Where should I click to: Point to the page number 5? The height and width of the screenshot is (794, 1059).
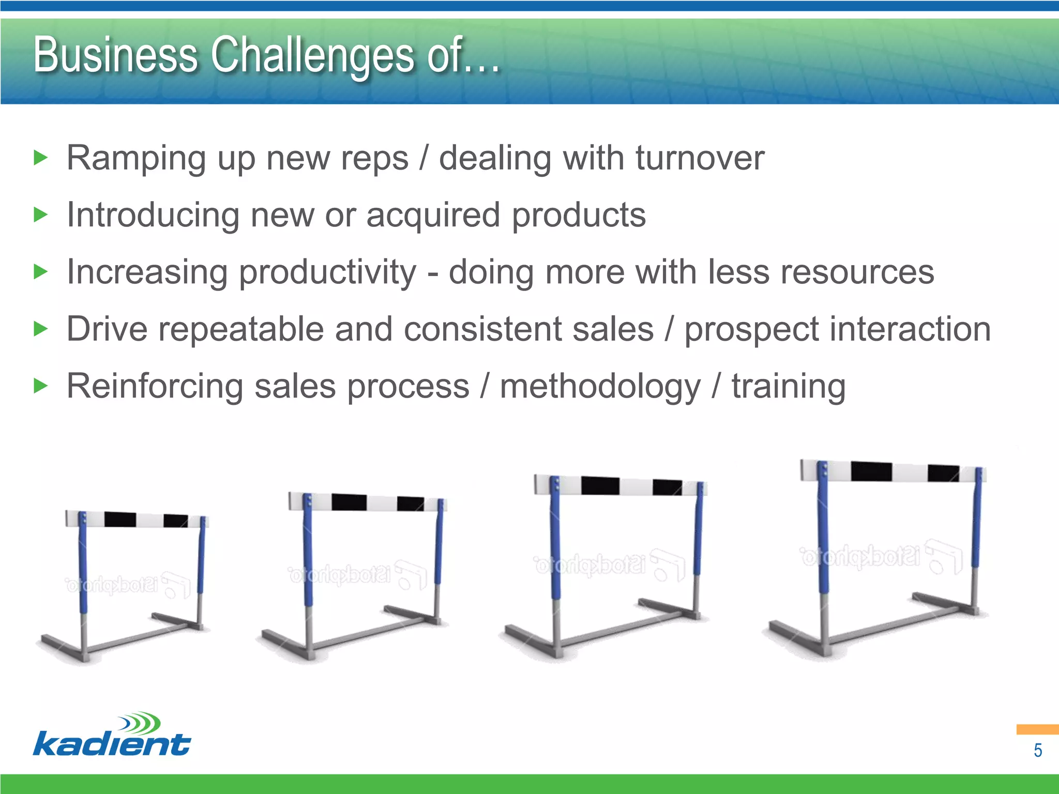tap(1037, 751)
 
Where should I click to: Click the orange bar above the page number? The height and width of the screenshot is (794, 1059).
tap(1037, 729)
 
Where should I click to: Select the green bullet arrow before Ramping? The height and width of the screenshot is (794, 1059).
tap(40, 157)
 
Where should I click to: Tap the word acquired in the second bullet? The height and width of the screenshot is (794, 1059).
tap(433, 215)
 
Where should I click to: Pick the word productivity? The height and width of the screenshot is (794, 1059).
tap(327, 272)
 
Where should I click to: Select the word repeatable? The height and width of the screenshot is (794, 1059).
tap(241, 329)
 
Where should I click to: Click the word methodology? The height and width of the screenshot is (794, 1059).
tap(600, 387)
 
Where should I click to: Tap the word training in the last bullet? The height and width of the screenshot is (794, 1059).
tap(788, 387)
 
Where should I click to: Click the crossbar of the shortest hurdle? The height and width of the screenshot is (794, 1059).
tap(135, 519)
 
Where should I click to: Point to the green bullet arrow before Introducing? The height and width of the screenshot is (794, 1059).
tap(40, 214)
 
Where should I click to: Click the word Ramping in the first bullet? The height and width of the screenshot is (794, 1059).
tap(136, 158)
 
